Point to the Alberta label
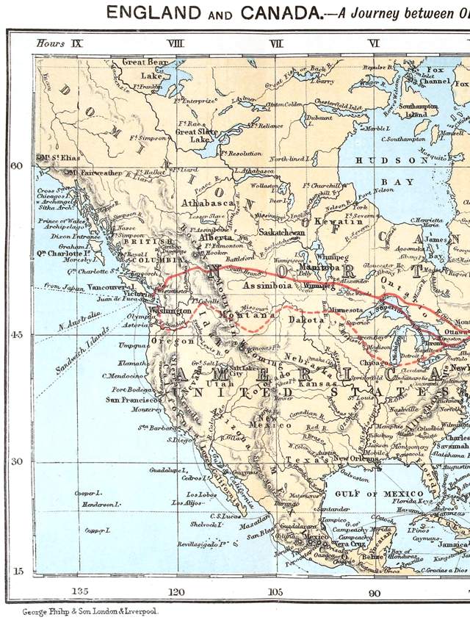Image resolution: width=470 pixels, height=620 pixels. [x=214, y=238]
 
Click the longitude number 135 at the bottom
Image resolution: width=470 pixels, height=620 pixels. [x=80, y=592]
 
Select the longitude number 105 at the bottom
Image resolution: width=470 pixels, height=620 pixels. [x=275, y=592]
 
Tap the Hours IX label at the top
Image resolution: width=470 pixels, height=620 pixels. [x=59, y=43]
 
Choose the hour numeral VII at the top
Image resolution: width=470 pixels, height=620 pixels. [x=276, y=43]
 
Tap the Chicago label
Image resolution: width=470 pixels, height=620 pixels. [x=377, y=363]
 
